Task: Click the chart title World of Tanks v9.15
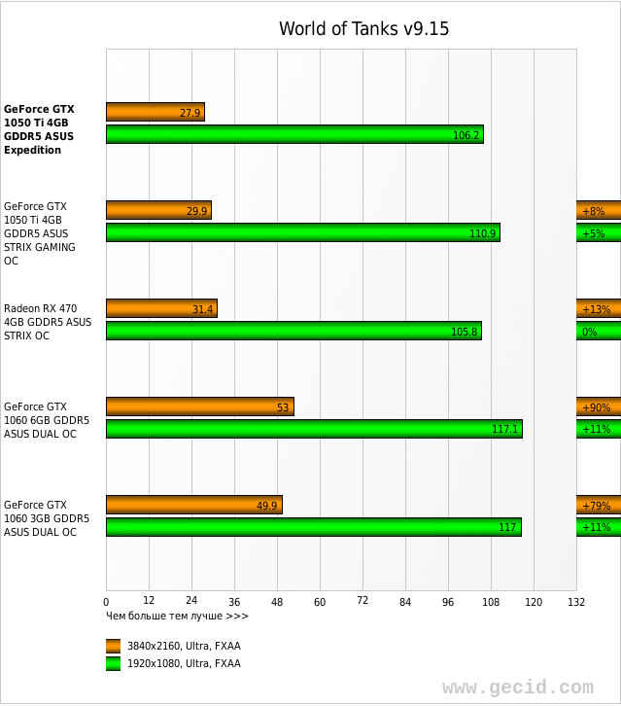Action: [363, 29]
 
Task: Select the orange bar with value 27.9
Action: [155, 112]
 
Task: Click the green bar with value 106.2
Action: [294, 134]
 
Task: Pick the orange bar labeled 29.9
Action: [158, 210]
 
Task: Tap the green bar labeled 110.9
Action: [302, 232]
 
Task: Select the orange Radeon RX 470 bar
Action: [161, 308]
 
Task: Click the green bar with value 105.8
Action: [293, 331]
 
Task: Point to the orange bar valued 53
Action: [199, 406]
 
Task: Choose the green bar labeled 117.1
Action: [314, 429]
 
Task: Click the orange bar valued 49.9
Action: [193, 505]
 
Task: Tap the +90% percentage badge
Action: [598, 406]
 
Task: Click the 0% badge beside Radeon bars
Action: [598, 331]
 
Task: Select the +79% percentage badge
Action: [598, 505]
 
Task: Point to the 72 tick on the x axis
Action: [362, 601]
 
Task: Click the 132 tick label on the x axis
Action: [576, 602]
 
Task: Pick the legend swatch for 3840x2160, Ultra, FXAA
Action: [114, 646]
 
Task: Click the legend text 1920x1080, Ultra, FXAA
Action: [184, 663]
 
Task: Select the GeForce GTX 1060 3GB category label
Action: [47, 518]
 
